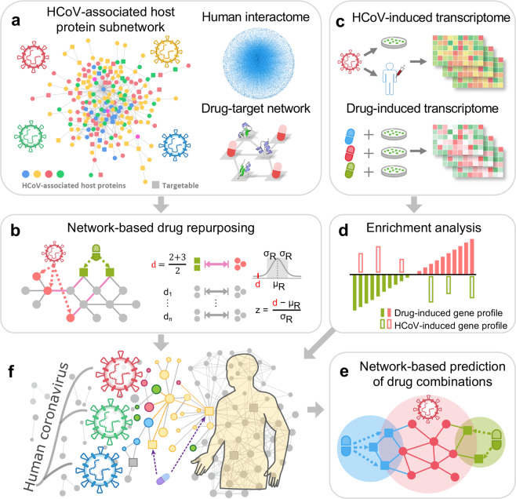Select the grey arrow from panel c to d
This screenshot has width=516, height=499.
pyautogui.click(x=425, y=206)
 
